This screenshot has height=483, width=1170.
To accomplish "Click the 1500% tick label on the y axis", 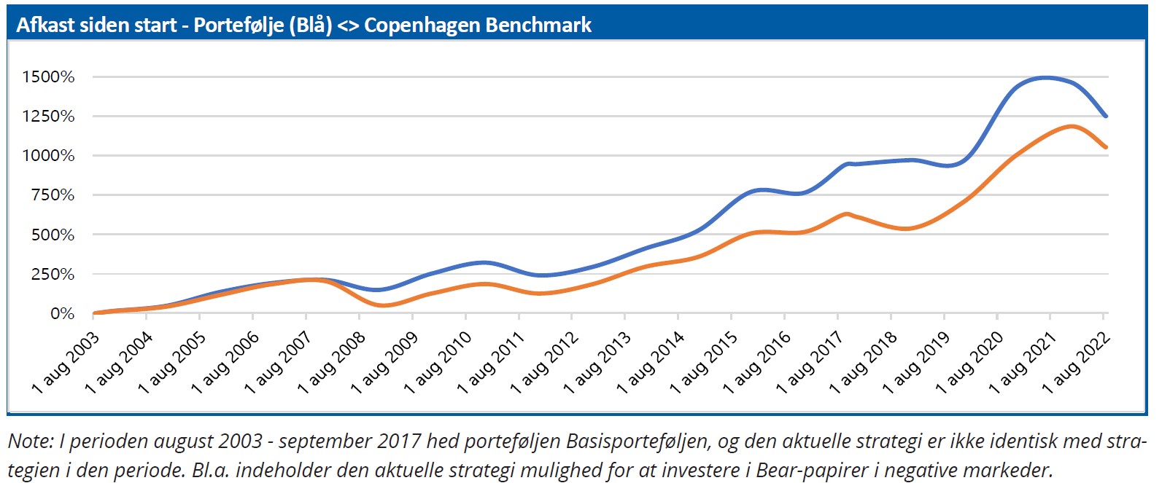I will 48,77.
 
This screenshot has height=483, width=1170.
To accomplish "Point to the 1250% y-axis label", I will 48,117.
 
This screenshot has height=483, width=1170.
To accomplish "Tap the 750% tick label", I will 52,195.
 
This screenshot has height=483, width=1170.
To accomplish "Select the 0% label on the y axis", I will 62,314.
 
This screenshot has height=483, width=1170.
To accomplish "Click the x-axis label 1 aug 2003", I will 66,363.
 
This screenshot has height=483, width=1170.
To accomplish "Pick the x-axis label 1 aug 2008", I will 332,363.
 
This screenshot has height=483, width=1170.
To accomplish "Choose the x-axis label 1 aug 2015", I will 704,363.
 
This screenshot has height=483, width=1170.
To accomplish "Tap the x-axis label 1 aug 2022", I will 1076,363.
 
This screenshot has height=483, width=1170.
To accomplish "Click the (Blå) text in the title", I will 311,25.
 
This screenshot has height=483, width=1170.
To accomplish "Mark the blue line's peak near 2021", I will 1046,77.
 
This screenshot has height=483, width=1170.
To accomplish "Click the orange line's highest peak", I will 1071,126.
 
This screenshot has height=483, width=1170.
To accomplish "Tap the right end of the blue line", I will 1107,116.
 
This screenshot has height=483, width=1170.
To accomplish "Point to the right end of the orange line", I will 1107,147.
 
